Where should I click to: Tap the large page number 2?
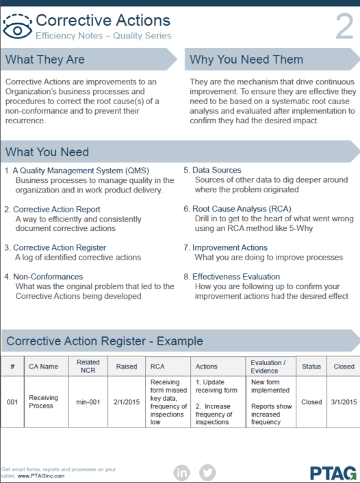click(344, 27)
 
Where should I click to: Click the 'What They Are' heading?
click(45, 60)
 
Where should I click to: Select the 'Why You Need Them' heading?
click(246, 60)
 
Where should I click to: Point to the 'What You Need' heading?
click(47, 152)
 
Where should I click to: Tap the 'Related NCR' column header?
click(88, 367)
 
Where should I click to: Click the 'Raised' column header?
click(127, 367)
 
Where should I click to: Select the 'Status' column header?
click(311, 367)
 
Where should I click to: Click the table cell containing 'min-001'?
click(88, 402)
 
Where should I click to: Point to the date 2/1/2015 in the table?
click(127, 402)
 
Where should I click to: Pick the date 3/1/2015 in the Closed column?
click(344, 402)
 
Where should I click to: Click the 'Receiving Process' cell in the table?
click(43, 402)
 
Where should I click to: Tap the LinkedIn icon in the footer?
click(182, 471)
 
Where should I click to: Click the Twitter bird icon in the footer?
click(207, 471)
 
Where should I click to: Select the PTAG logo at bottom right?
click(333, 472)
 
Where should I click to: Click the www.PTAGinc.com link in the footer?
click(41, 475)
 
